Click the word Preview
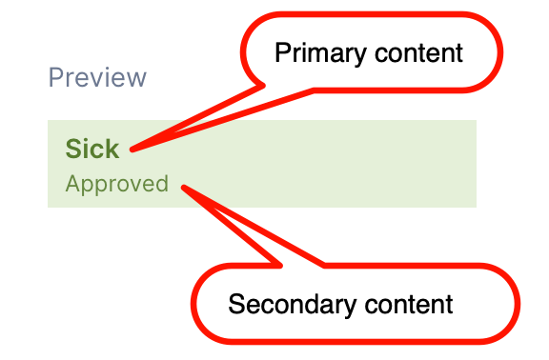point(97,77)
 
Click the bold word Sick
point(92,149)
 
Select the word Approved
point(116,184)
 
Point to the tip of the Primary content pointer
point(131,150)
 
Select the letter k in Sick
point(112,149)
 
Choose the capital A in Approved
point(72,184)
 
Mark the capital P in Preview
point(55,77)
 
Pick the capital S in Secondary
point(235,305)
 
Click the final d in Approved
point(162,184)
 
